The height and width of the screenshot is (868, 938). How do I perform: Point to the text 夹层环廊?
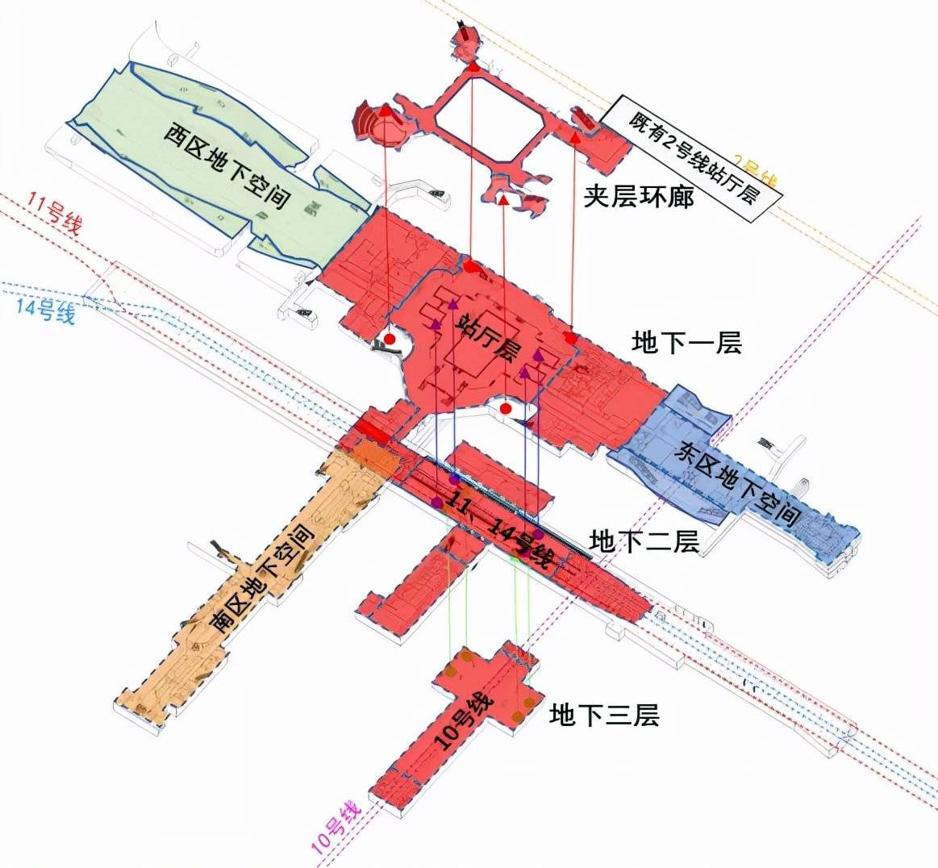[x=638, y=196]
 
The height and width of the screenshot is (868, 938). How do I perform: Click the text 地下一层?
[x=686, y=343]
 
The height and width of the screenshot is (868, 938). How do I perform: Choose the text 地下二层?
[x=644, y=540]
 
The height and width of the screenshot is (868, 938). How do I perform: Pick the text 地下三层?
[x=604, y=715]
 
